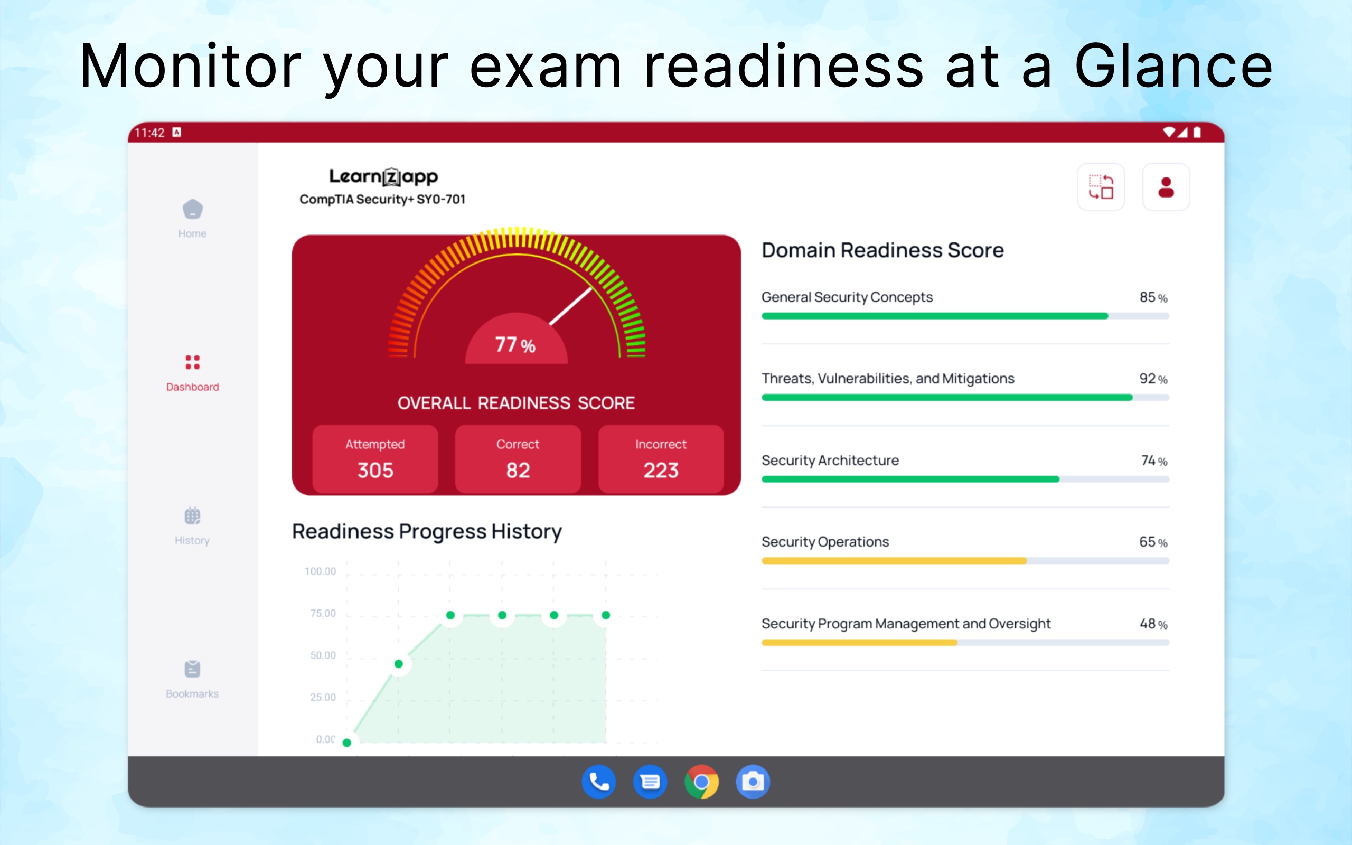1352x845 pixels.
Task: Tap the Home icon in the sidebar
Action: click(x=193, y=209)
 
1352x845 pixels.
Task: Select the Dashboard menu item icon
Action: click(x=193, y=362)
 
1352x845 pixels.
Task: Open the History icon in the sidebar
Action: click(x=193, y=515)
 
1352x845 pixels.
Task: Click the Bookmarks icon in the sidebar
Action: click(x=193, y=669)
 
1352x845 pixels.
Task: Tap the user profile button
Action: click(x=1166, y=187)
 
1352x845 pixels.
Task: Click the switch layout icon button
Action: click(x=1101, y=187)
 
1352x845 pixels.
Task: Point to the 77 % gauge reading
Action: click(x=515, y=344)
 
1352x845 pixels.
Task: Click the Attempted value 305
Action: click(x=375, y=471)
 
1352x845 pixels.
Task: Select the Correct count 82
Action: click(x=518, y=471)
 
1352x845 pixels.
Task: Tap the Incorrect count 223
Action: click(x=661, y=471)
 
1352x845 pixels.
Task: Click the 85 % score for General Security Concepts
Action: click(x=1153, y=297)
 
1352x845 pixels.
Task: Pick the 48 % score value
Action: click(x=1153, y=624)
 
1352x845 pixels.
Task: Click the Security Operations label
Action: click(x=825, y=542)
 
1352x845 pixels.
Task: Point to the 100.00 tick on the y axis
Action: click(x=320, y=571)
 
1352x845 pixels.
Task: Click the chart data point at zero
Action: click(x=347, y=743)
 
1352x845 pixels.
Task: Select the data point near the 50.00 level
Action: click(x=398, y=664)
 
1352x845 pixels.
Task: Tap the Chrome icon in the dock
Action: click(x=702, y=782)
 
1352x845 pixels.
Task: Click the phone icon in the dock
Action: click(x=599, y=782)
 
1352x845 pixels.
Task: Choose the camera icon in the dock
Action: click(x=753, y=782)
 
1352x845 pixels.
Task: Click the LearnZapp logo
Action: click(x=383, y=177)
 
